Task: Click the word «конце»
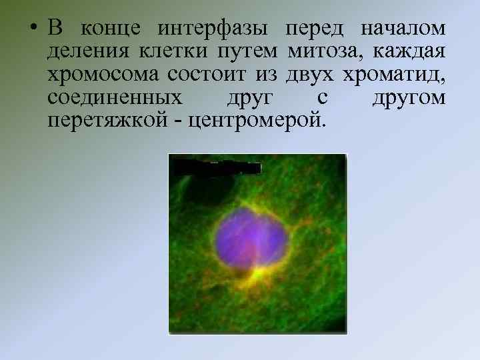109,30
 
